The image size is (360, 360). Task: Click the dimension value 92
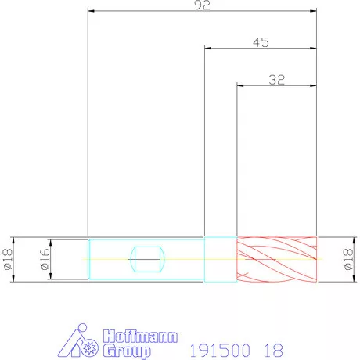coord(202,5)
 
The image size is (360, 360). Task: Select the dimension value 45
coord(261,42)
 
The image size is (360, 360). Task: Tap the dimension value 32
coord(277,80)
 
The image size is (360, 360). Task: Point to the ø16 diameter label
coord(45,259)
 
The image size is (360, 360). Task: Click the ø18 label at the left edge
coord(7,259)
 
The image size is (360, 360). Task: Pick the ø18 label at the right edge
coord(348,259)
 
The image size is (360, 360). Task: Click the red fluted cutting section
coord(277,260)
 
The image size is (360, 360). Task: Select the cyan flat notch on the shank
coord(147,259)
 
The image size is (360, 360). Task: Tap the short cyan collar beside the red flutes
coord(221,259)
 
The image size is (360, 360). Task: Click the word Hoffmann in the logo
coord(140,337)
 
